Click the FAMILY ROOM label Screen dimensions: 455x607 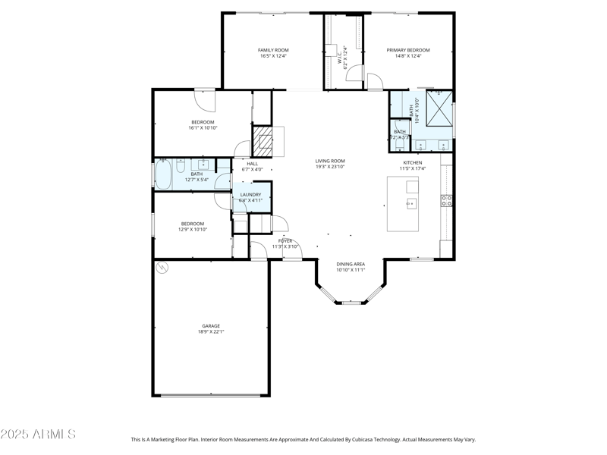coord(274,50)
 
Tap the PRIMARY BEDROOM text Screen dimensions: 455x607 coord(407,50)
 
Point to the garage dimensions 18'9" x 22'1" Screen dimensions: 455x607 coord(211,331)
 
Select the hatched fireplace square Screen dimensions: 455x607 coord(263,141)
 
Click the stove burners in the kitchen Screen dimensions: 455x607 coord(447,200)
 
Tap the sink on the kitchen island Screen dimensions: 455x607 coord(410,203)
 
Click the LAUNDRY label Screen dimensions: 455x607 coord(250,195)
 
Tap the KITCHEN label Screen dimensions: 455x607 coord(413,162)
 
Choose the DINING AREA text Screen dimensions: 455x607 coord(351,264)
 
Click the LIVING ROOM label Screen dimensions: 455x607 coord(331,161)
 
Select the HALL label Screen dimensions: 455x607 coord(252,163)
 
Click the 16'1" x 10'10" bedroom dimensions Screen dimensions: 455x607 coord(203,128)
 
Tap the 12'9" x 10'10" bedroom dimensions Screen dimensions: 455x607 coord(192,229)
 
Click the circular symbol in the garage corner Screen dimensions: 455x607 coord(162,268)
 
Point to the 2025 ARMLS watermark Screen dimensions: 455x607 coord(38,435)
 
